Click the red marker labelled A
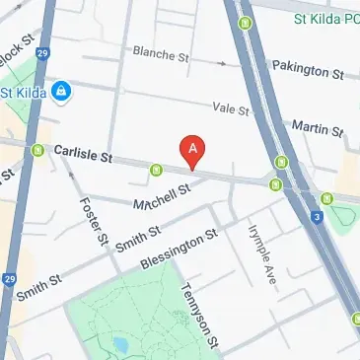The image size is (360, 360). pos(193,150)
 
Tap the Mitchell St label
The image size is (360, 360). pos(161,198)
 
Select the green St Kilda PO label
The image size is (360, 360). pos(325,19)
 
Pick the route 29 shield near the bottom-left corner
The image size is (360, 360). pos(8,278)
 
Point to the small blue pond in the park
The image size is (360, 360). pos(119,346)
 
